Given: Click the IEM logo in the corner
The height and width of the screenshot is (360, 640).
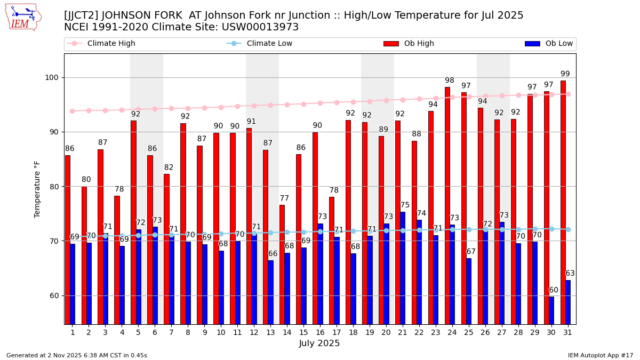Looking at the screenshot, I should pyautogui.click(x=23, y=17).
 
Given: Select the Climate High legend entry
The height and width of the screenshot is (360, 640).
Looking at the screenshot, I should pyautogui.click(x=111, y=44).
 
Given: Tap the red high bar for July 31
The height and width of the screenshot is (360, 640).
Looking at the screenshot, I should pyautogui.click(x=563, y=203).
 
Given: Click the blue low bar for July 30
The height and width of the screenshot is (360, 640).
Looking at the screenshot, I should pyautogui.click(x=551, y=310).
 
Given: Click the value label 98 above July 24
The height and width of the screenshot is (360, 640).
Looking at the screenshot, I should pyautogui.click(x=450, y=81).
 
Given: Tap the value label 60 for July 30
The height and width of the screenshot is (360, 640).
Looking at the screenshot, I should pyautogui.click(x=554, y=291).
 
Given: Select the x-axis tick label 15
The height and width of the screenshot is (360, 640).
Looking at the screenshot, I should pyautogui.click(x=303, y=332).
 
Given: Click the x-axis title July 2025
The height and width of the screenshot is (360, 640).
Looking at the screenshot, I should pyautogui.click(x=319, y=343).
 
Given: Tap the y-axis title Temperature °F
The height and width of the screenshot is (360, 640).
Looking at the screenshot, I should pyautogui.click(x=37, y=189).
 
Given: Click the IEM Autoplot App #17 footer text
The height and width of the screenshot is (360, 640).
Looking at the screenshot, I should pyautogui.click(x=601, y=355).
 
